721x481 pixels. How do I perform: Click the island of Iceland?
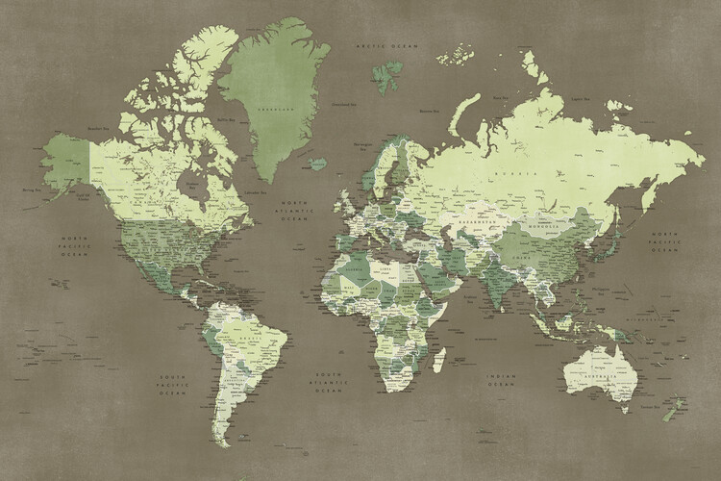click(318, 164)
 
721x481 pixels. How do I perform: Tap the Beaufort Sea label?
click(97, 127)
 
